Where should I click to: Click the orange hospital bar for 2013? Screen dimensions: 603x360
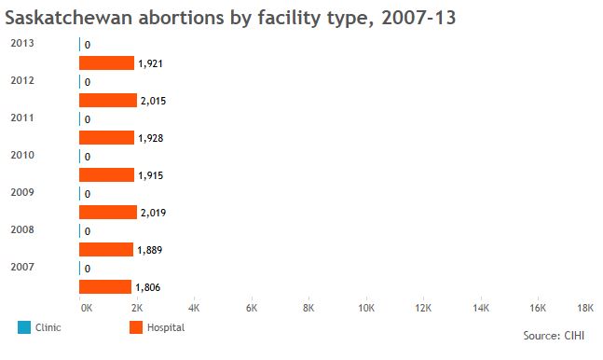(x=106, y=63)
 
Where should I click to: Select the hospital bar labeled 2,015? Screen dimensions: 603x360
(x=108, y=101)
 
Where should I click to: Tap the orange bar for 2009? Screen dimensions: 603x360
(x=108, y=212)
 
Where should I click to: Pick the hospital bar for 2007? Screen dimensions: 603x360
(x=105, y=287)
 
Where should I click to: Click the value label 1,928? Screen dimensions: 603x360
(x=151, y=138)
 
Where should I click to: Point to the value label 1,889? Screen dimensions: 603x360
(x=150, y=250)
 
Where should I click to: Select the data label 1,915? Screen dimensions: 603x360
(x=151, y=175)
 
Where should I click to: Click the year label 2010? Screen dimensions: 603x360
(x=22, y=155)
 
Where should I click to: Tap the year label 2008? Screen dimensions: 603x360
(x=22, y=229)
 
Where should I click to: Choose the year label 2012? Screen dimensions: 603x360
(x=22, y=80)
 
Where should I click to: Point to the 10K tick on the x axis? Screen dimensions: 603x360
(x=366, y=308)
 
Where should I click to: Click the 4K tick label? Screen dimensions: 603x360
(x=194, y=308)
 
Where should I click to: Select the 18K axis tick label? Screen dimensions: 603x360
(x=585, y=308)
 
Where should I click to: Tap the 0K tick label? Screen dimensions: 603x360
(x=87, y=308)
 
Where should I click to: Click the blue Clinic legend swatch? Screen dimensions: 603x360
(x=24, y=327)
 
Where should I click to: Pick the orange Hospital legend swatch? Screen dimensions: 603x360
(x=136, y=327)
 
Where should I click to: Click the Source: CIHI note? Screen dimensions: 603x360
(x=554, y=336)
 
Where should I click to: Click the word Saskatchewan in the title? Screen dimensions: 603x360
(x=69, y=18)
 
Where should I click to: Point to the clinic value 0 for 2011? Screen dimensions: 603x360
(x=88, y=119)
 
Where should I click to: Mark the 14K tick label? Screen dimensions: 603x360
(x=481, y=308)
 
